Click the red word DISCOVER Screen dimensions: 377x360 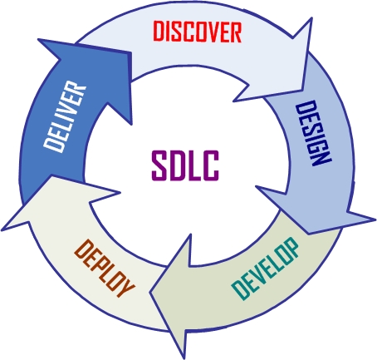click(198, 32)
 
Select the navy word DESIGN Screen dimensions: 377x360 click(313, 133)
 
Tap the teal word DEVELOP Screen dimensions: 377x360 click(266, 269)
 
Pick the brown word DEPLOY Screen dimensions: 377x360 click(105, 269)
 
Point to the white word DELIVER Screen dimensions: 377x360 click(65, 116)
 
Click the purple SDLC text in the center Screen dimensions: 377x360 click(185, 165)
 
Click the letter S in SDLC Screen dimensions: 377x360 click(159, 165)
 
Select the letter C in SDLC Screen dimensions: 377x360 click(211, 165)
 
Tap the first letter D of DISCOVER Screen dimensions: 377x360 click(159, 32)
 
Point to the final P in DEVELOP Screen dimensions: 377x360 click(291, 248)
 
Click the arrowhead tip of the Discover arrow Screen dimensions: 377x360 click(312, 18)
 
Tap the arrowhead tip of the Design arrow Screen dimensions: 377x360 click(375, 219)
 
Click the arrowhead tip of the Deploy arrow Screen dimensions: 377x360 click(1, 231)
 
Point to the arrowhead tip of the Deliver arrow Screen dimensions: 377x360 click(38, 39)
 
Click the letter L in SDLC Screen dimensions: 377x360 click(193, 165)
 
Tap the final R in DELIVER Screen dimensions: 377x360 click(77, 89)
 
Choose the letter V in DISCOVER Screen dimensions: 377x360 click(209, 32)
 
